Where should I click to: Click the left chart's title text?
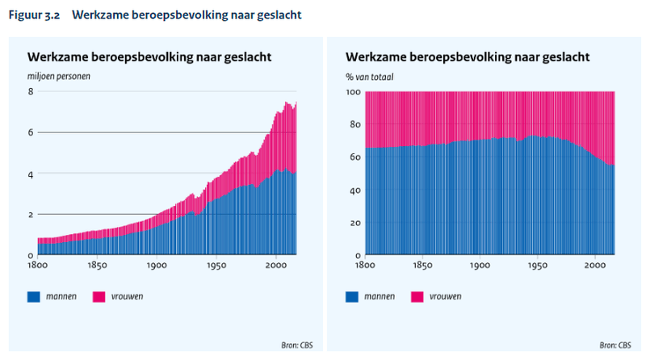[149, 57]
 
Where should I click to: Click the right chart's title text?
[468, 57]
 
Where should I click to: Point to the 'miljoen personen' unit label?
[59, 76]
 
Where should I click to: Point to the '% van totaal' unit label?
[368, 76]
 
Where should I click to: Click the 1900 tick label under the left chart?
[157, 265]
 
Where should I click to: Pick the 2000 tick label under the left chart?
[277, 265]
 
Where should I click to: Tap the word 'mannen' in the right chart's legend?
[379, 297]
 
